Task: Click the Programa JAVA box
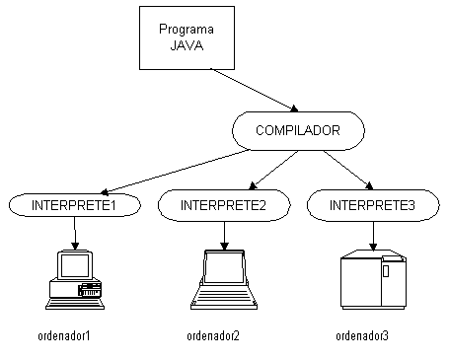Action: [187, 38]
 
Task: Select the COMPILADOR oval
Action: [298, 129]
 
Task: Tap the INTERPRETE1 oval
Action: [75, 205]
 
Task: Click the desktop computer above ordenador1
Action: [75, 279]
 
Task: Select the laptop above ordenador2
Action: [225, 280]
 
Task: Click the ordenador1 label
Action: [64, 335]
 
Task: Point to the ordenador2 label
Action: [213, 335]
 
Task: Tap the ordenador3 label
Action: [362, 335]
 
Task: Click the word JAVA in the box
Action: [187, 45]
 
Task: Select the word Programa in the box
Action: [187, 30]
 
